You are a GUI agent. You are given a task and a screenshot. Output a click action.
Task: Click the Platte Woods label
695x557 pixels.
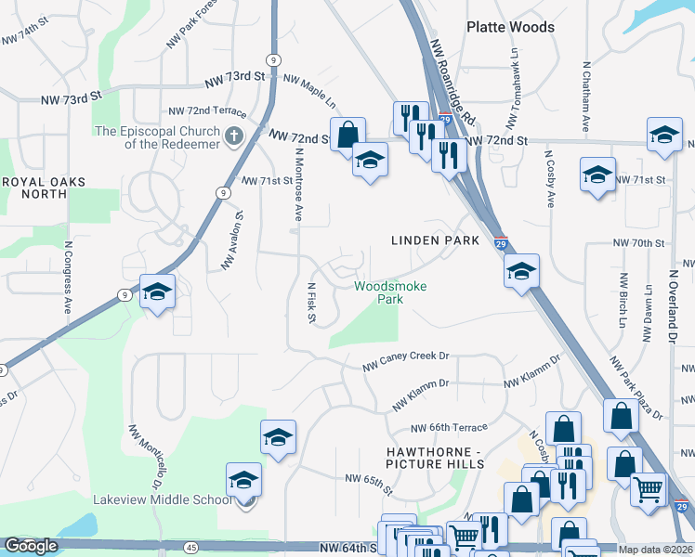(510, 27)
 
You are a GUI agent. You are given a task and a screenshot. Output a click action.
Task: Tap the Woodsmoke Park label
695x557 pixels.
(390, 292)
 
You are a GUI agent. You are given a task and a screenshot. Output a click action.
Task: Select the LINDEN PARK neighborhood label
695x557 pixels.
(435, 240)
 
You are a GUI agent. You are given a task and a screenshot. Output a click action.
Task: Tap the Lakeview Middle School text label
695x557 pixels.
(162, 499)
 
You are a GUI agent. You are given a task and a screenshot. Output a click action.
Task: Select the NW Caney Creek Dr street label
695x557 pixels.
(405, 357)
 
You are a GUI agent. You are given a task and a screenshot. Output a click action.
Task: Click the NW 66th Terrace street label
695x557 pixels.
(450, 428)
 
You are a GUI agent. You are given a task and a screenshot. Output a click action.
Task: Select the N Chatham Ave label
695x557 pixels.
(586, 97)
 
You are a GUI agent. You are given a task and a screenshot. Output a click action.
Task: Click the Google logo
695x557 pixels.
(31, 546)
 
